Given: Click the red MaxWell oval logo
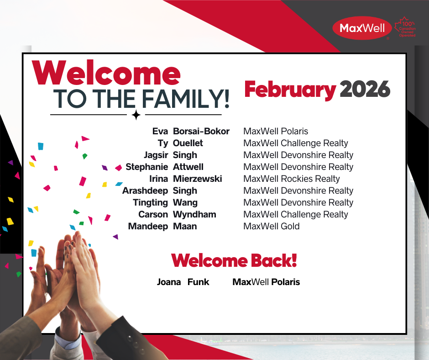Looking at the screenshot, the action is coord(362,28).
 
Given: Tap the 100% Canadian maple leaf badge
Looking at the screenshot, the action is coord(405,27).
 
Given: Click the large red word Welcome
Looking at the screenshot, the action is coord(106,73).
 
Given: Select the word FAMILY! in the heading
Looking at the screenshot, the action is coord(186,99).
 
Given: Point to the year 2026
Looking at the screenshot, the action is coord(365,89).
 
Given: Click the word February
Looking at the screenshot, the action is coord(290,90).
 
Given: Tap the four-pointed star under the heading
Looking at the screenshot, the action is coord(136,115).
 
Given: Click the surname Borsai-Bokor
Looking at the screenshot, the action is coord(201,131).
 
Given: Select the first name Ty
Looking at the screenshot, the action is coord(162,143).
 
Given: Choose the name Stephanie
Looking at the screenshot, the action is coord(146,167).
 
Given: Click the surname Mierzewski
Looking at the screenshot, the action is coord(197,179).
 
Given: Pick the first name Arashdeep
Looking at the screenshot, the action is coord(145,191).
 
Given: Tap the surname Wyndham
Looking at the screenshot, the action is coord(194,215).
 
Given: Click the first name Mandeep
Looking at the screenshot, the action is coord(148,226).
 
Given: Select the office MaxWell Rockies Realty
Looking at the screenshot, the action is coord(291,179).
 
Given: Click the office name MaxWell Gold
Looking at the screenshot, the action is coord(272,226).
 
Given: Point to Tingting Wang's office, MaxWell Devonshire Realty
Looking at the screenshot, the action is coord(298,202).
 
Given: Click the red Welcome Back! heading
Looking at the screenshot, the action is coord(234,260).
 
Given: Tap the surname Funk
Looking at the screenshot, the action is coord(199,282).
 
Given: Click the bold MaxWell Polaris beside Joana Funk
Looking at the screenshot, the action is coord(266,282).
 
